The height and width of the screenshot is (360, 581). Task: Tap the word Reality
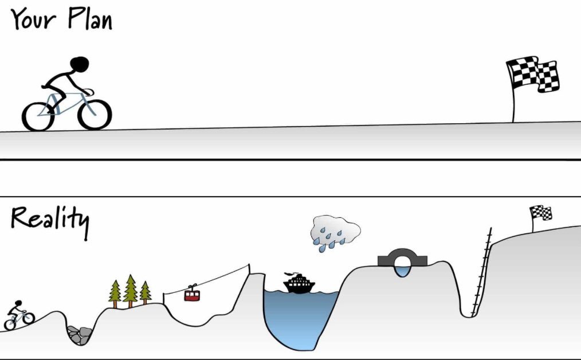click(x=49, y=220)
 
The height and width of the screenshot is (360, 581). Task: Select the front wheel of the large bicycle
click(x=93, y=114)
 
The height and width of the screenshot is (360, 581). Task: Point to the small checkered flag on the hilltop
click(x=541, y=213)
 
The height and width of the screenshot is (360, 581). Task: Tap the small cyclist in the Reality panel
click(x=18, y=316)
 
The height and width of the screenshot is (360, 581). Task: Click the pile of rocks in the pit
click(x=79, y=334)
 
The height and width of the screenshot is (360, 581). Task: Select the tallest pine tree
click(x=130, y=289)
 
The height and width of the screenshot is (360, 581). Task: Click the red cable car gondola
click(x=192, y=295)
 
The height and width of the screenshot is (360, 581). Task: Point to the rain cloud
click(x=335, y=232)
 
